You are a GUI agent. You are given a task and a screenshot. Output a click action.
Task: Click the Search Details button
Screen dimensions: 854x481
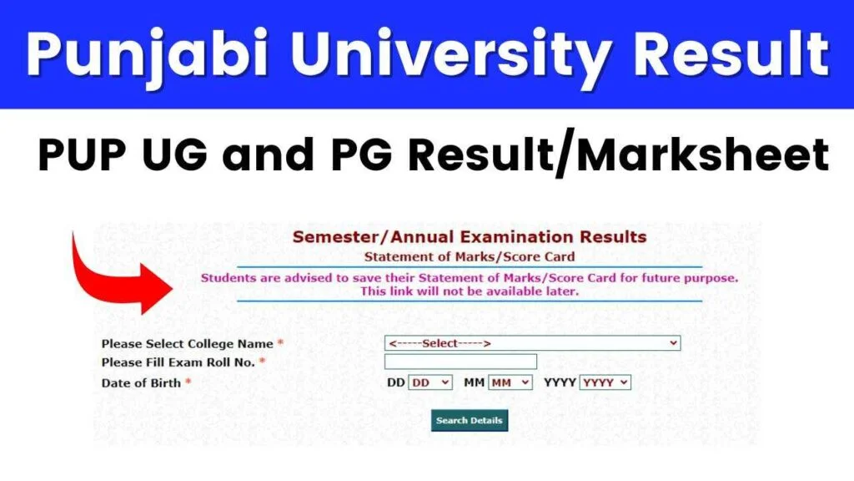click(470, 421)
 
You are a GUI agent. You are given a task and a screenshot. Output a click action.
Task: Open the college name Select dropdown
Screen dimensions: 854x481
click(532, 343)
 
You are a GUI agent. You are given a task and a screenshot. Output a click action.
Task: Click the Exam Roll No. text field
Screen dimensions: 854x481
click(460, 362)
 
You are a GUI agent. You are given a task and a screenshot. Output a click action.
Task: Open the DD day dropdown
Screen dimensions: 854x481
click(430, 382)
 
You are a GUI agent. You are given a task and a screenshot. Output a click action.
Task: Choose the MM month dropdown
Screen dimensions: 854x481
click(510, 382)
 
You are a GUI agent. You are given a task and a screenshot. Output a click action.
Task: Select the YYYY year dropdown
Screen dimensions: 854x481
click(605, 382)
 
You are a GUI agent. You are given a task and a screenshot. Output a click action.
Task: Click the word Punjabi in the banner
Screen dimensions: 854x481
click(147, 54)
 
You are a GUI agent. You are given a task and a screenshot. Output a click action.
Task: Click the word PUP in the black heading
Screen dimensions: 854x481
click(82, 154)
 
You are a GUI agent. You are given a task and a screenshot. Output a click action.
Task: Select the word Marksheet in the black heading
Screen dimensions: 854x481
click(702, 154)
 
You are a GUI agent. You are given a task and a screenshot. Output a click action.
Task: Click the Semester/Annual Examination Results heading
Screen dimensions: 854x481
click(470, 237)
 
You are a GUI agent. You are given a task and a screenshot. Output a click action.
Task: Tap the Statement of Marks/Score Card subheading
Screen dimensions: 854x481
click(470, 257)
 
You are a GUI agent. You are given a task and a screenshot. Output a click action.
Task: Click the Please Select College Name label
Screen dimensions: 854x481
click(188, 344)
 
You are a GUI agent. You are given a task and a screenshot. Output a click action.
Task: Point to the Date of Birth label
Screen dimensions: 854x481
click(141, 383)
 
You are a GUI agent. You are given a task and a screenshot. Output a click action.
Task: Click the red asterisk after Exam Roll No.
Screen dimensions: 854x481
click(262, 361)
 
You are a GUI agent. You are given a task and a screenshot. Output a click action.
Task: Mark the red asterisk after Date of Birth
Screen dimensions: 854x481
click(188, 381)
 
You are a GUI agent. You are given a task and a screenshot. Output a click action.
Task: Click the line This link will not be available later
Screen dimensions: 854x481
click(470, 291)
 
